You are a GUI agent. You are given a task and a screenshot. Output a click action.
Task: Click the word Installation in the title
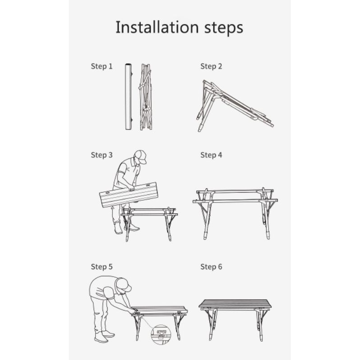(157, 27)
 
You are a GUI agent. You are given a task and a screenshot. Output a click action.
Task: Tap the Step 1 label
(102, 66)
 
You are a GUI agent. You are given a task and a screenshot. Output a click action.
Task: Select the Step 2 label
(211, 66)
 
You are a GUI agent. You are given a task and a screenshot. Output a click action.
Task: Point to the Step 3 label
(102, 155)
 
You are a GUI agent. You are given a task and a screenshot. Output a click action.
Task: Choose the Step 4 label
(211, 155)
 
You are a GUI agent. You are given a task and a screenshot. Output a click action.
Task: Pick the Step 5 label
(102, 267)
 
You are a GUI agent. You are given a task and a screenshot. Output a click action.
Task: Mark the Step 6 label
(211, 267)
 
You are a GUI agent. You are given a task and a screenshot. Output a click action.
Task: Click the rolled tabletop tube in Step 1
(128, 97)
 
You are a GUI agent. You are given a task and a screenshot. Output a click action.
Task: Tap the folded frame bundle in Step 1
(145, 97)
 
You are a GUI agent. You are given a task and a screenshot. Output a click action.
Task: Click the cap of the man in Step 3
(140, 156)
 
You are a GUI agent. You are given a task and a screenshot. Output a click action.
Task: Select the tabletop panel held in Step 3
(129, 195)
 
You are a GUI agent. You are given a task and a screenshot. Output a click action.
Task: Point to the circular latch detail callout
(161, 334)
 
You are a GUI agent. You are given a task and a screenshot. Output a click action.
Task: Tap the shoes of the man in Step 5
(104, 336)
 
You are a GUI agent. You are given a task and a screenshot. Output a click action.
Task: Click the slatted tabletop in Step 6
(235, 304)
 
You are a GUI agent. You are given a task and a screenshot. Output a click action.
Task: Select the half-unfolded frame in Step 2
(234, 106)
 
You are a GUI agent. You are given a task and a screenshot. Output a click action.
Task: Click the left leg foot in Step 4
(205, 235)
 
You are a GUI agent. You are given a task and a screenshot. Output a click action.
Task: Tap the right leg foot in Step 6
(261, 337)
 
